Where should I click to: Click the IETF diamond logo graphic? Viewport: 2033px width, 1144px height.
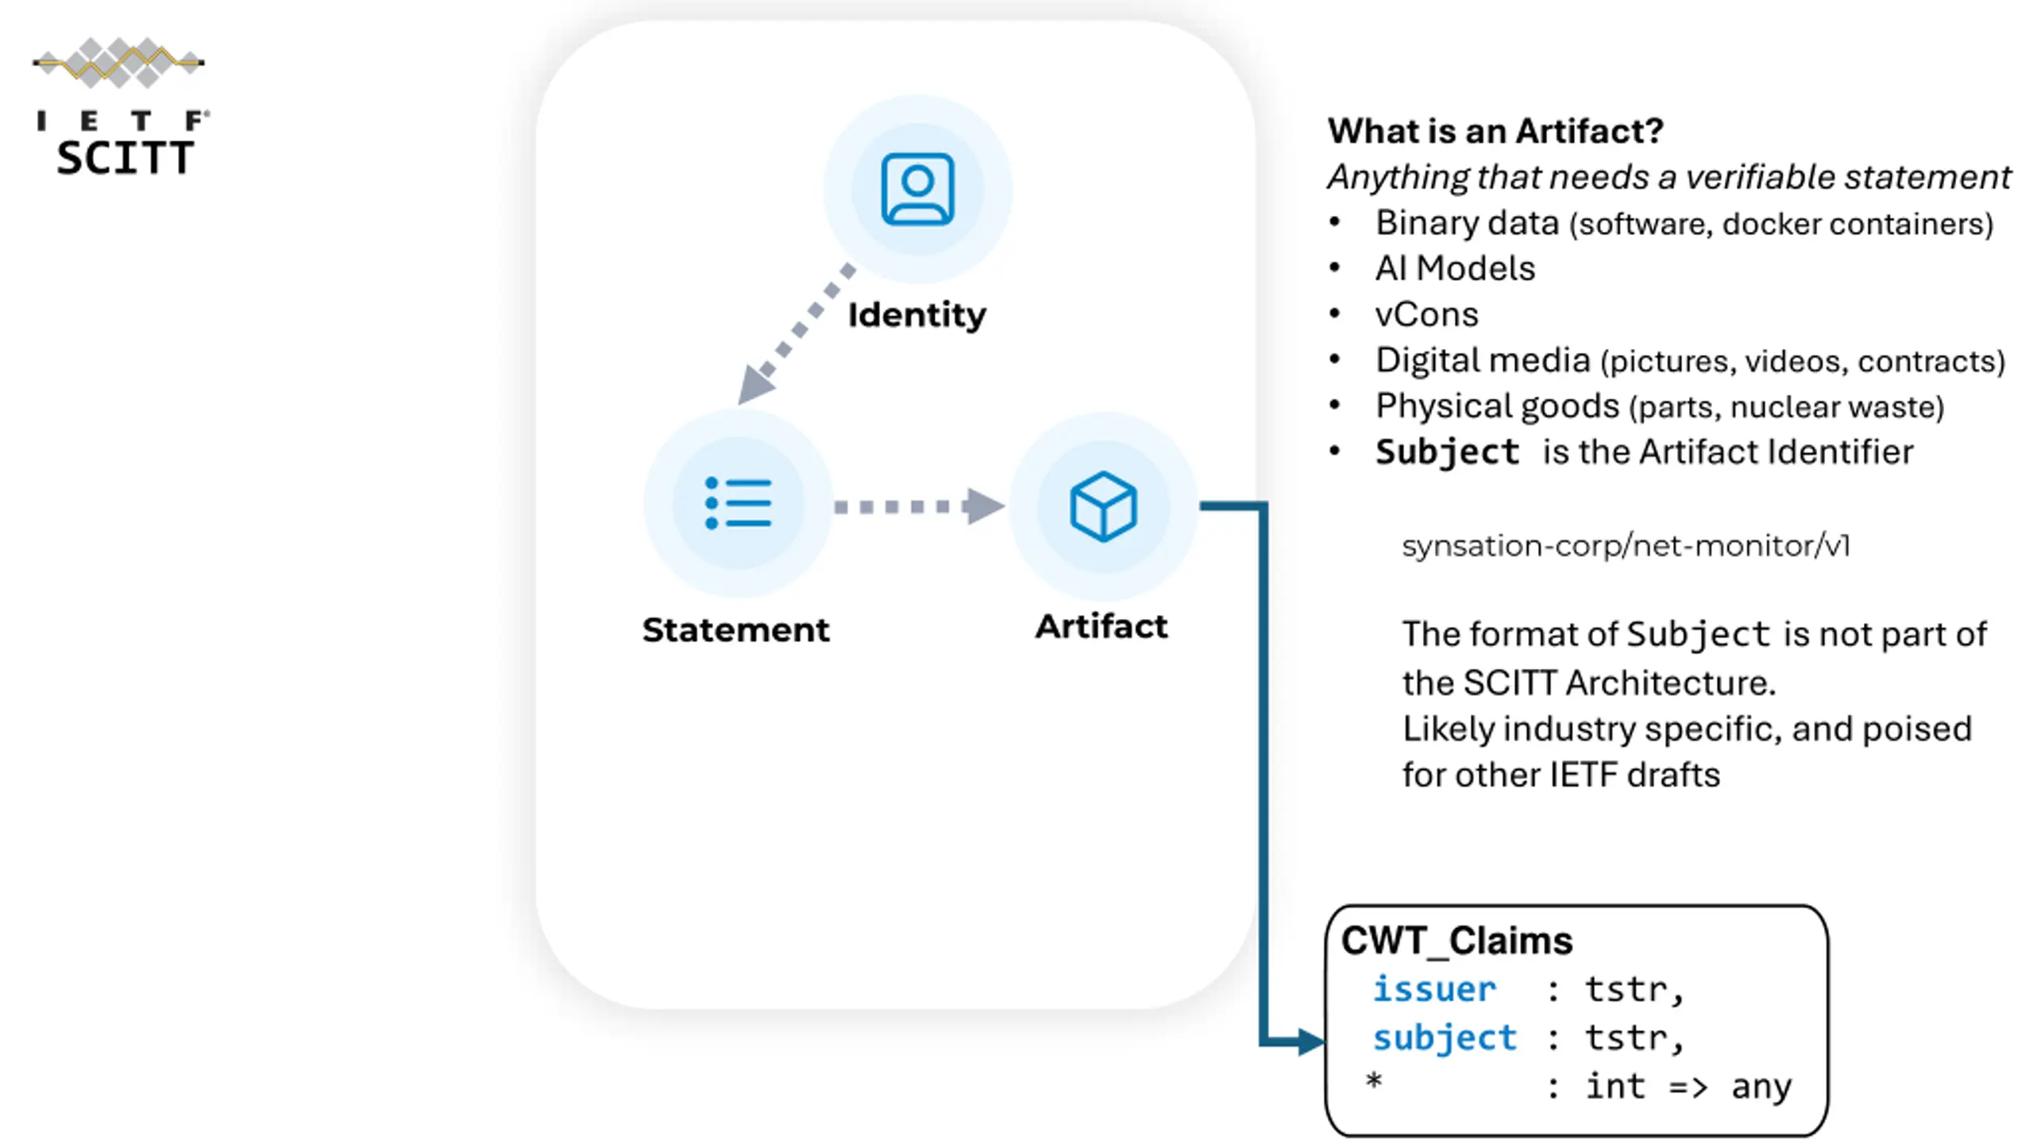pos(119,62)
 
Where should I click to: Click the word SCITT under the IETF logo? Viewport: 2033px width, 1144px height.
pos(125,157)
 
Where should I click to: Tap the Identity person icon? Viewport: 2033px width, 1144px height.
pos(917,189)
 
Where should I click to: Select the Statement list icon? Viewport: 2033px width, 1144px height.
pos(738,503)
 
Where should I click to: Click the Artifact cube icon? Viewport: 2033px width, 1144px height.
pos(1103,506)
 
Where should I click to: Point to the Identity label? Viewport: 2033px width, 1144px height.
pos(916,315)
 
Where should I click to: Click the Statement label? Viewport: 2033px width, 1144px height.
pos(735,630)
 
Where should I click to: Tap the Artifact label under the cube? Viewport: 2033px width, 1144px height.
pos(1101,627)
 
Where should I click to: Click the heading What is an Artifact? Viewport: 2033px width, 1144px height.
pos(1495,131)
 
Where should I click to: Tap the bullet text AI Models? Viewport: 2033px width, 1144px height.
pos(1455,269)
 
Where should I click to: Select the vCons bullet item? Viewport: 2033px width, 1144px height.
pos(1426,315)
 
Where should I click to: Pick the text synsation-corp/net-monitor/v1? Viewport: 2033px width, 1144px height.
pos(1626,546)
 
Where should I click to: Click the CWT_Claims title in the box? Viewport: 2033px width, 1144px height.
pos(1456,941)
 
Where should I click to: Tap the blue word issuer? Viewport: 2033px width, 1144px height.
pos(1434,990)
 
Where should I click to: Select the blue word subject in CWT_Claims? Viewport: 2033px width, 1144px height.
pos(1445,1038)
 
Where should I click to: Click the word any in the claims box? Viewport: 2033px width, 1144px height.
pos(1761,1086)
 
